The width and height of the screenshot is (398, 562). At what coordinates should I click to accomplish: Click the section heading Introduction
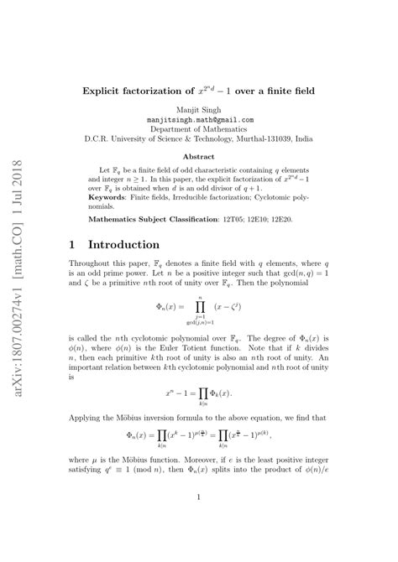pos(126,245)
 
